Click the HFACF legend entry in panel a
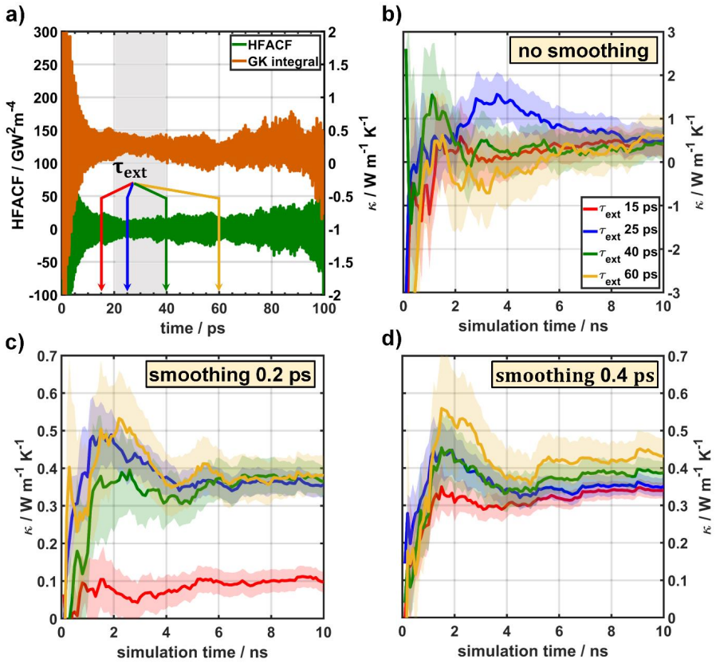(268, 45)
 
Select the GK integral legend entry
(275, 61)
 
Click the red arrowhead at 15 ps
(101, 286)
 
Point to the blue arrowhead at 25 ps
(128, 286)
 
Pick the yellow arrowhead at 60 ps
(218, 286)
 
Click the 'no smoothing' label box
(583, 49)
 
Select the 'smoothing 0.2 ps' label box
(230, 375)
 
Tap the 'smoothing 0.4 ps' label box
(575, 375)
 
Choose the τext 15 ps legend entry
(620, 208)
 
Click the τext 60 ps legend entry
(620, 275)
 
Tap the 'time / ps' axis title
(192, 328)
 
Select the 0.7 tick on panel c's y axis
(47, 356)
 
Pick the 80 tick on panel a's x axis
(271, 308)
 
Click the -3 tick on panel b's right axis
(674, 292)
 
